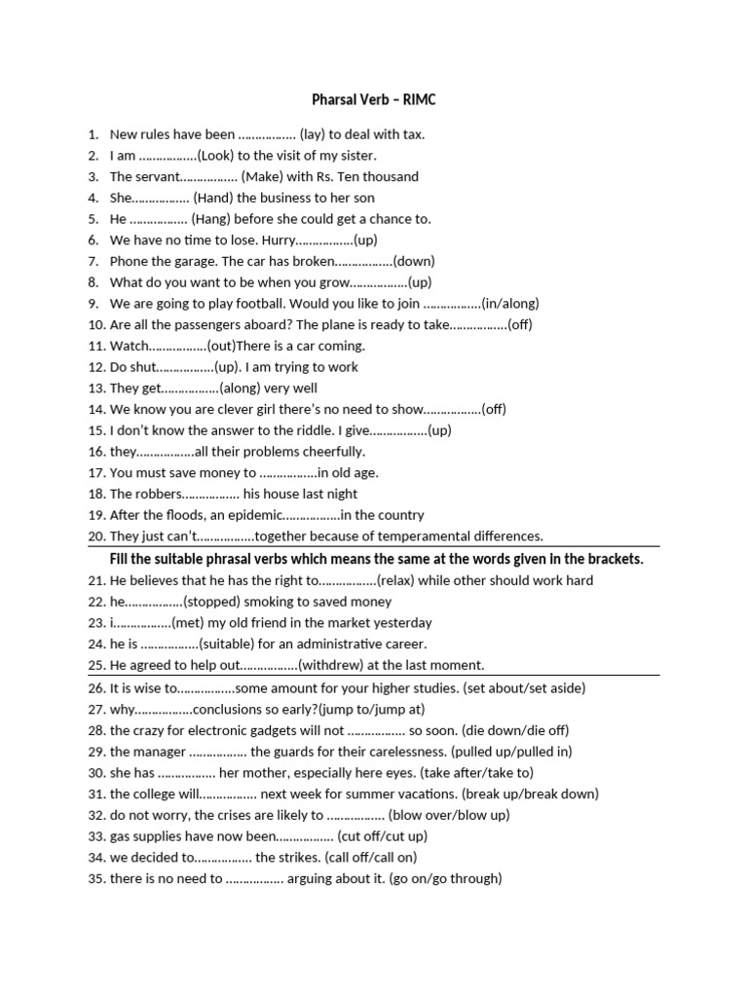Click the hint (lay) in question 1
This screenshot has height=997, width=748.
[x=318, y=134]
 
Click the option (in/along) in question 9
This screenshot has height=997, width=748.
[x=509, y=303]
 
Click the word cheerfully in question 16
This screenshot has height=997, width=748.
[x=330, y=452]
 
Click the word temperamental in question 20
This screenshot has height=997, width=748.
[x=421, y=536]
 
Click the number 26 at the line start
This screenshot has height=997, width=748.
[x=95, y=687]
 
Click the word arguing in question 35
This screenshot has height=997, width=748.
[x=326, y=878]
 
